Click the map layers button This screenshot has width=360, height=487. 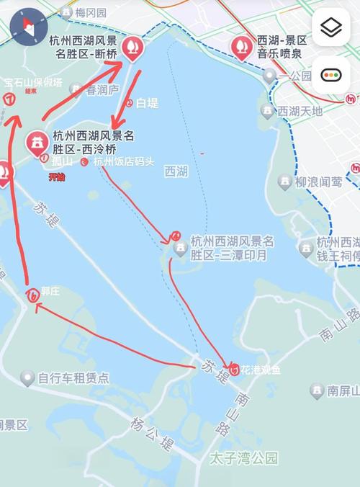click(x=331, y=28)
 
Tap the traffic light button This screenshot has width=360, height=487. click(x=331, y=74)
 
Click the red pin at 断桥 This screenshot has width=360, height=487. click(x=132, y=48)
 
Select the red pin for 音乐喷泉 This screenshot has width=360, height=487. click(x=239, y=47)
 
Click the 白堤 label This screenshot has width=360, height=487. click(x=146, y=103)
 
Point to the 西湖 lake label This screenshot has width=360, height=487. click(x=176, y=171)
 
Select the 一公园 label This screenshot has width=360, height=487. click(x=295, y=76)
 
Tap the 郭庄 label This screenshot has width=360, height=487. click(x=50, y=292)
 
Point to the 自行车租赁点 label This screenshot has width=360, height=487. click(x=73, y=377)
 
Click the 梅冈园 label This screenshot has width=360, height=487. click(x=91, y=12)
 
